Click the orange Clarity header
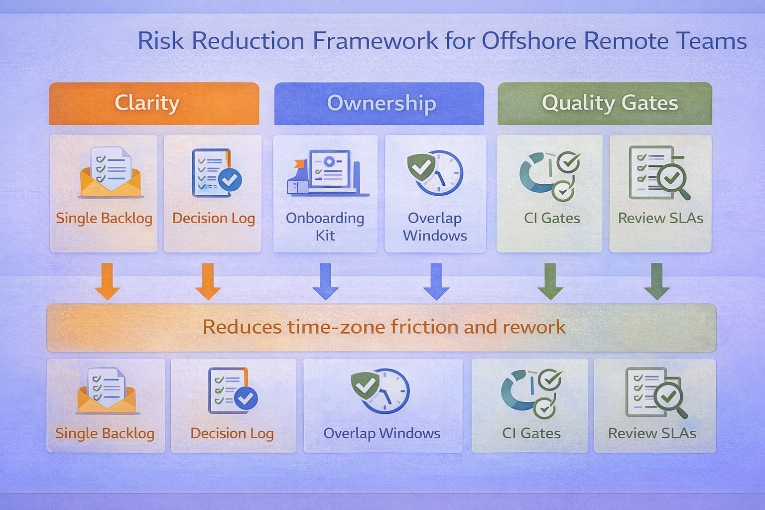[x=154, y=104]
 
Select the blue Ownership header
[x=379, y=104]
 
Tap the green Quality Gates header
[x=605, y=104]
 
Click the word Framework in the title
[x=376, y=41]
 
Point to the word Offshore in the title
[x=528, y=41]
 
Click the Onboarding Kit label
[x=325, y=227]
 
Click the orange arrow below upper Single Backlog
[x=107, y=281]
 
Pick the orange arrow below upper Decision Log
[x=208, y=281]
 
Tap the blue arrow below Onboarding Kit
[x=325, y=281]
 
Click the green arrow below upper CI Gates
[x=550, y=281]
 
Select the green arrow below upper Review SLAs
[x=657, y=281]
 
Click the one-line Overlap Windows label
[x=382, y=433]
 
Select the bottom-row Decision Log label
[x=232, y=433]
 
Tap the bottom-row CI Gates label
[x=531, y=433]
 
